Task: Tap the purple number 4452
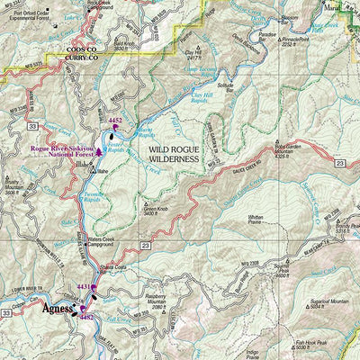click(115, 119)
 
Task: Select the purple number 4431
click(83, 287)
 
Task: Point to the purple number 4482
click(86, 319)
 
